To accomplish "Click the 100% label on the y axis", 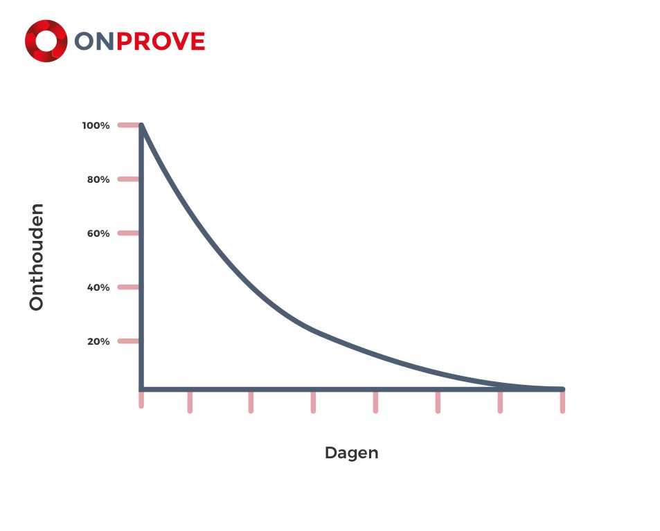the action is pos(96,125).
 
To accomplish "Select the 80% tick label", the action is pos(98,180).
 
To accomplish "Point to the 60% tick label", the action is pos(98,233).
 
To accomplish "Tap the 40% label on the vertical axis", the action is pos(98,287).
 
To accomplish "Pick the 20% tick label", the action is pos(98,341).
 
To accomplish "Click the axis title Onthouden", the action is pos(37,257).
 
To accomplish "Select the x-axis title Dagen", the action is pos(351,453).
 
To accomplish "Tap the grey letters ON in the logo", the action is pos(94,42).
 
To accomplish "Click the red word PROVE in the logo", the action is pos(161,42).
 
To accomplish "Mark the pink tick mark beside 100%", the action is pos(128,125).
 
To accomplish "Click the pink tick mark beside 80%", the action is pos(128,179).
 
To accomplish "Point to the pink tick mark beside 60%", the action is pos(128,233).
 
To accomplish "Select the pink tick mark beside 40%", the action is pos(128,287).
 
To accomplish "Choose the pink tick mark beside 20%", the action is pos(128,341).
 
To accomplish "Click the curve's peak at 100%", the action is pos(141,125).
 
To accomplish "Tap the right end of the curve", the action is pos(562,389).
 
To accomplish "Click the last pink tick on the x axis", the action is pos(562,402).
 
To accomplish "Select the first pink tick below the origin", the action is pos(141,399).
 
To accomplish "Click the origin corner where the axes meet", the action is pos(141,389).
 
